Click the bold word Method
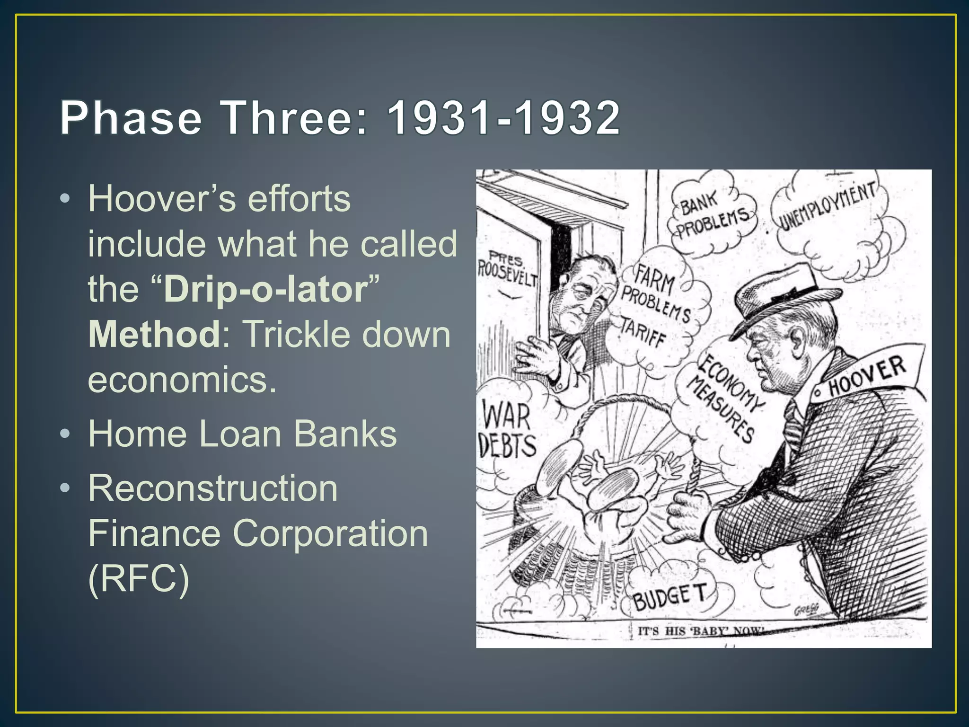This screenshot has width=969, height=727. click(154, 334)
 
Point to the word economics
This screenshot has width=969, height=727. click(182, 380)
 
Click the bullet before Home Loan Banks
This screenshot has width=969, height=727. click(66, 434)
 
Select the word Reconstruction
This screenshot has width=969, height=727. click(213, 488)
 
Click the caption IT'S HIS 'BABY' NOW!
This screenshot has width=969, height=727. click(701, 631)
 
